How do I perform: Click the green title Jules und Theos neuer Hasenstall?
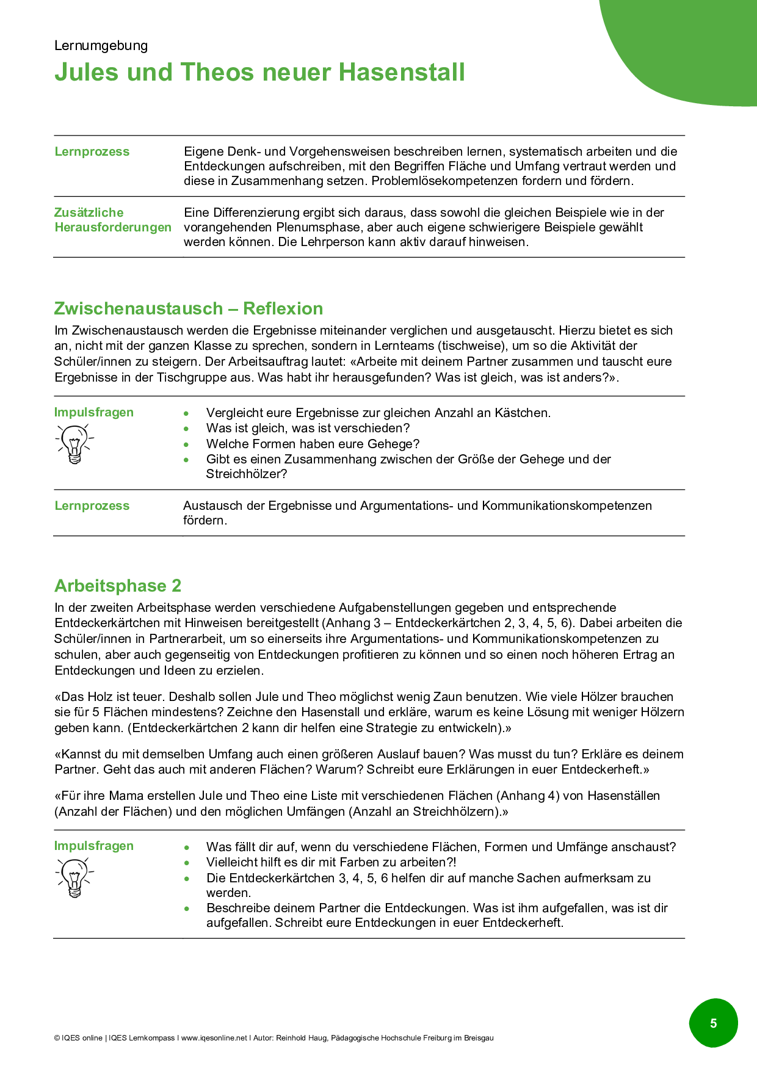tap(259, 73)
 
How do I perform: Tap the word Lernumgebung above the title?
tap(101, 46)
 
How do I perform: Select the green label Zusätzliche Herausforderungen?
tap(113, 220)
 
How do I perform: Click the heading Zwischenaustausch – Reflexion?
tap(188, 308)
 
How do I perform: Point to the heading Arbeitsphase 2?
tap(118, 586)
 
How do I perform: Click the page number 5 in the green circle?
tap(713, 1023)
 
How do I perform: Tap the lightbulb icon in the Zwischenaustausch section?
tap(74, 443)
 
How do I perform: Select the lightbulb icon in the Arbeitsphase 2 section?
tap(74, 877)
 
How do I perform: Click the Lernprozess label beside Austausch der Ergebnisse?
tap(92, 506)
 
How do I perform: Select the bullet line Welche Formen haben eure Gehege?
tap(313, 444)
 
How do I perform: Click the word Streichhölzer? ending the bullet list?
tap(246, 474)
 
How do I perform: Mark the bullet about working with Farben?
tap(331, 862)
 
